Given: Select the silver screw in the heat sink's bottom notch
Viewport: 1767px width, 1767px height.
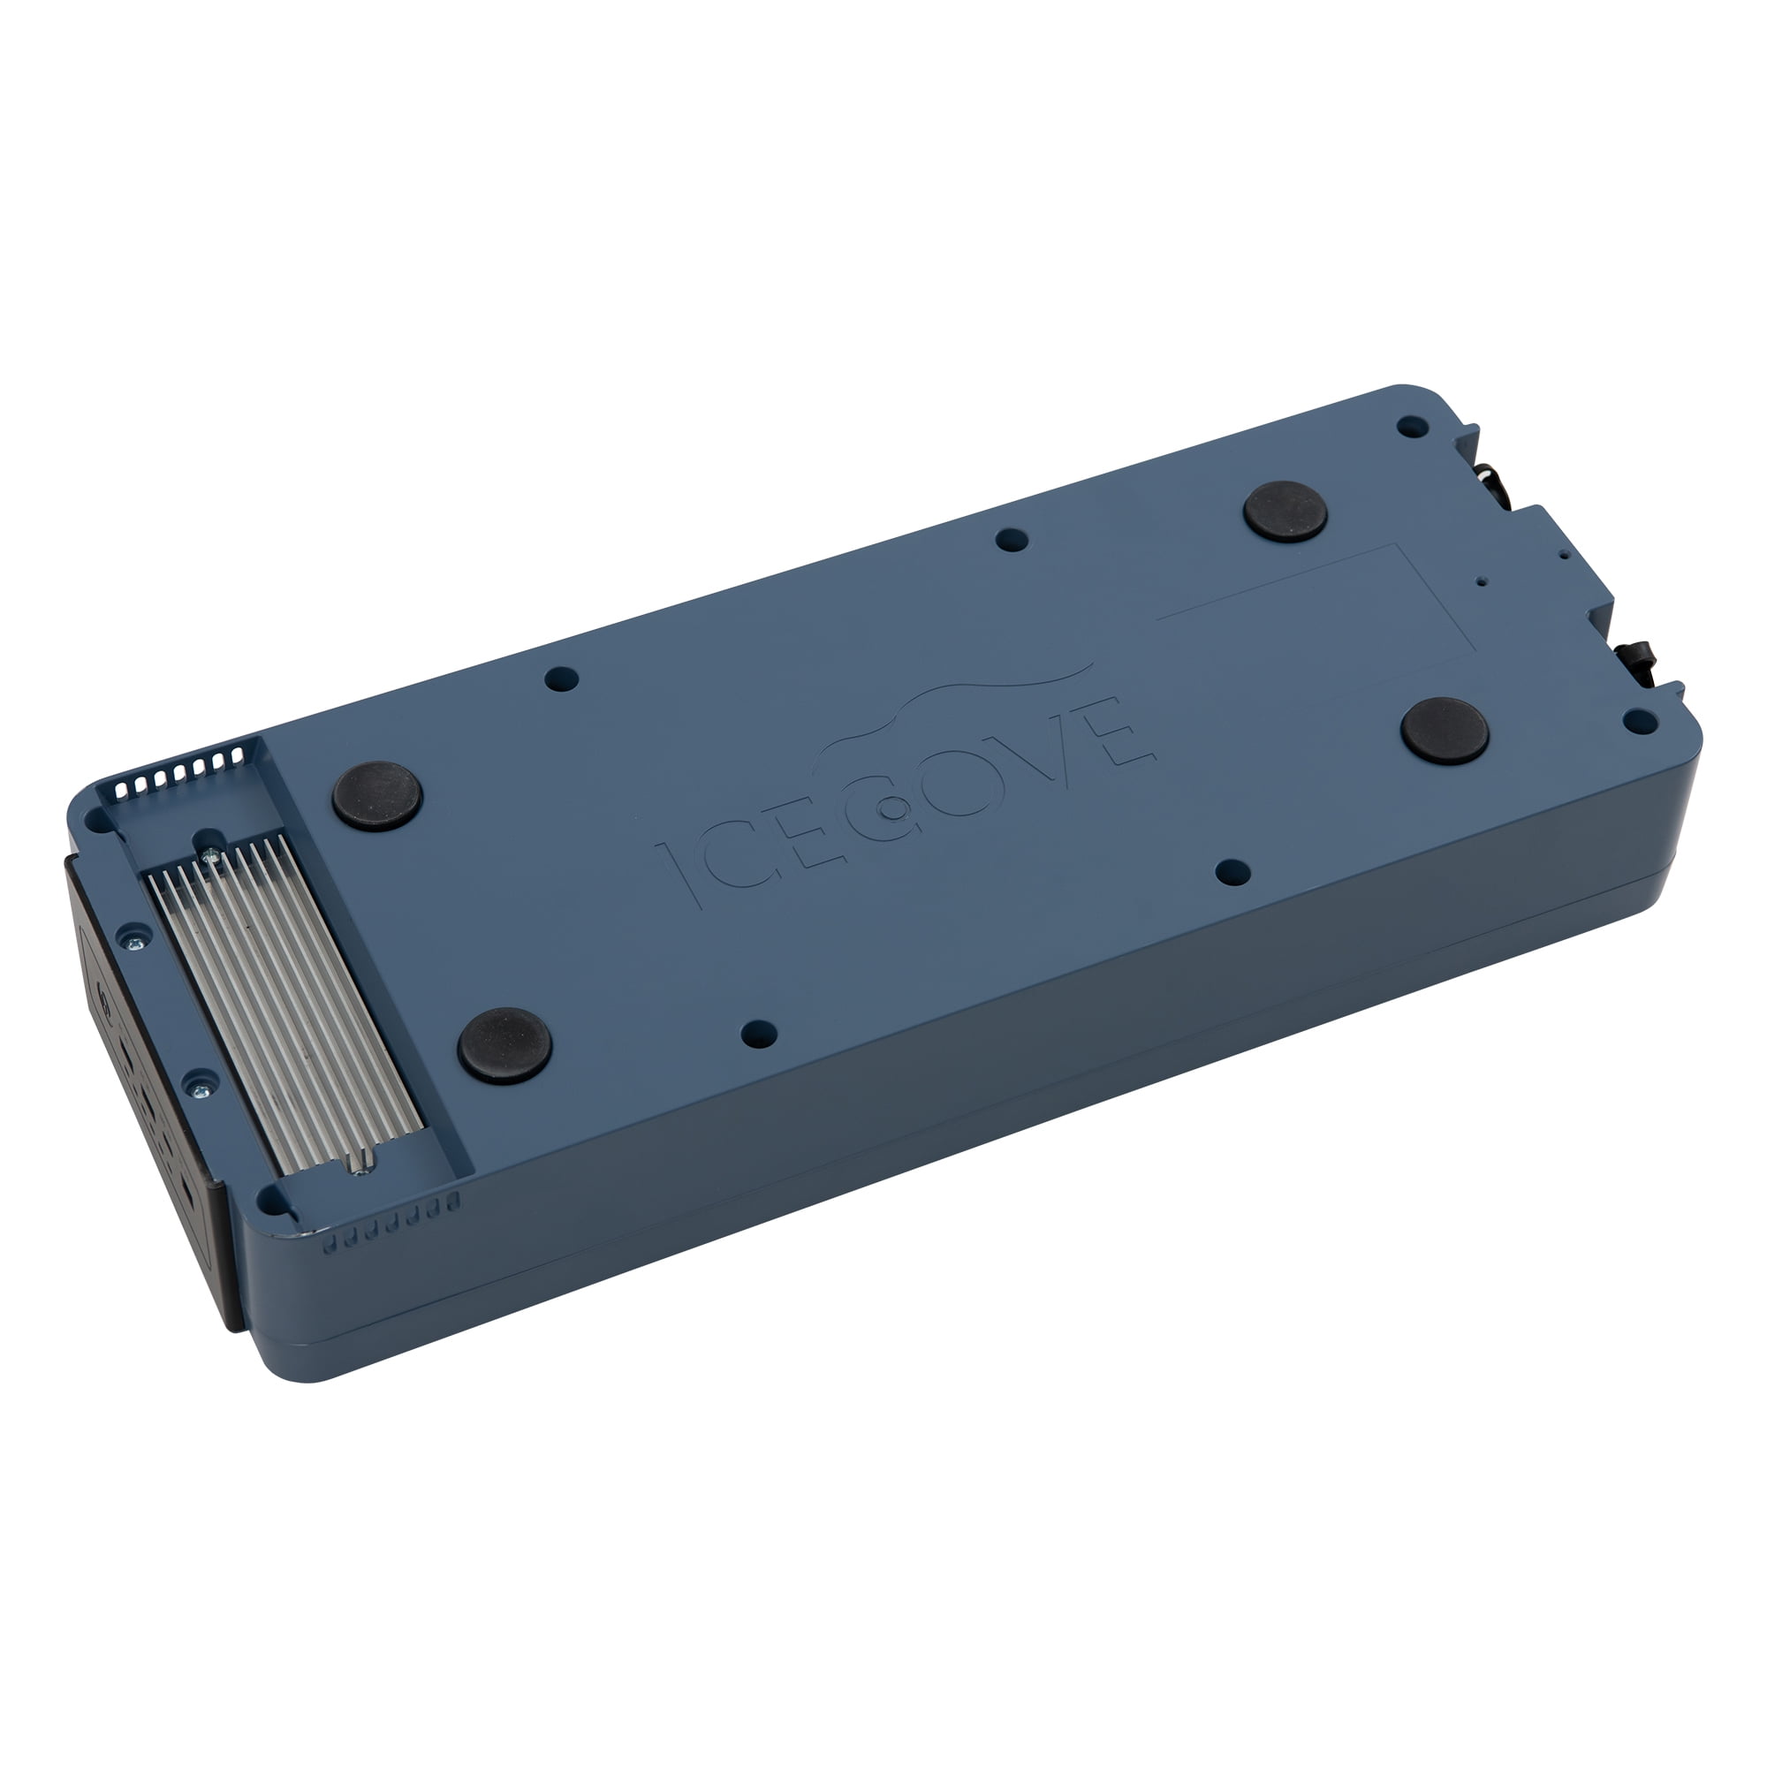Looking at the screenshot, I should (x=364, y=1166).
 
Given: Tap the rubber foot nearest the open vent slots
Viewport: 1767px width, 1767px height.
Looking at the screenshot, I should (x=377, y=795).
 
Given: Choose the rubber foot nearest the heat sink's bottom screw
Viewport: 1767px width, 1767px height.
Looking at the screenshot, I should (x=504, y=1045).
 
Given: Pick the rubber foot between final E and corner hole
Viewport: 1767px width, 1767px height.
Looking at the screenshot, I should (x=1445, y=731).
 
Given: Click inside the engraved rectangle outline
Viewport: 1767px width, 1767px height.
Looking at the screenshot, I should (x=1317, y=613).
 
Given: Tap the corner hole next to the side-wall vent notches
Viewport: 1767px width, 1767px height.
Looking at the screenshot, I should (x=270, y=1198).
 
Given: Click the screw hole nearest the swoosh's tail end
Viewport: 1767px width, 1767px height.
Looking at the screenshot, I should (x=1012, y=540).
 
